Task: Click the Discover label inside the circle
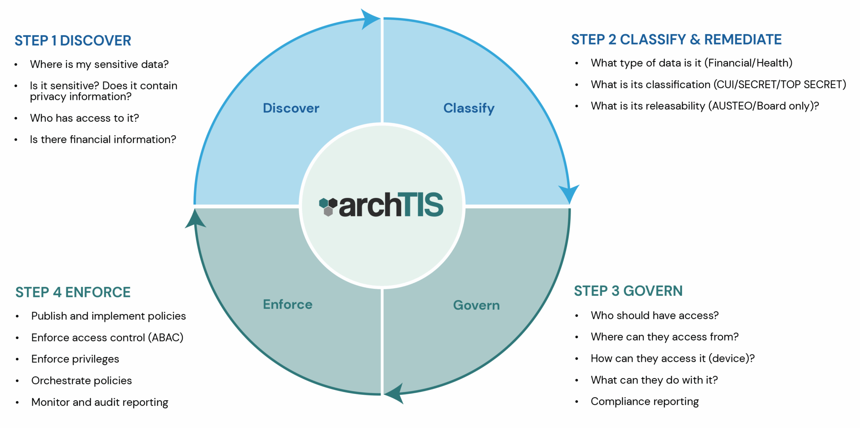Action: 291,108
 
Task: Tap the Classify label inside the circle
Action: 469,108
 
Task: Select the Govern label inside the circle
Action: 477,305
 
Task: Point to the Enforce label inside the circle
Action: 288,304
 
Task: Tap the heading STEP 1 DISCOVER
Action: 73,41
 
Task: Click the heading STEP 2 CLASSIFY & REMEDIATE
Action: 676,39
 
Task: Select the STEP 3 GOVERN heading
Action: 628,291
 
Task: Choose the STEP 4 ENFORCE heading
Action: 73,292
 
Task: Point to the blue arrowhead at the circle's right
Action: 569,194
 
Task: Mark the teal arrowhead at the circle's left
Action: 195,219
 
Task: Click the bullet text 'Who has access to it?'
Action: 84,118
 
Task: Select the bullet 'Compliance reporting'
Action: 645,402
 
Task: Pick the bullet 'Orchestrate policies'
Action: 81,381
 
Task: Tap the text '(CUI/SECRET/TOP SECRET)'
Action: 780,84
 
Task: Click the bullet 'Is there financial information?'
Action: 103,139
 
